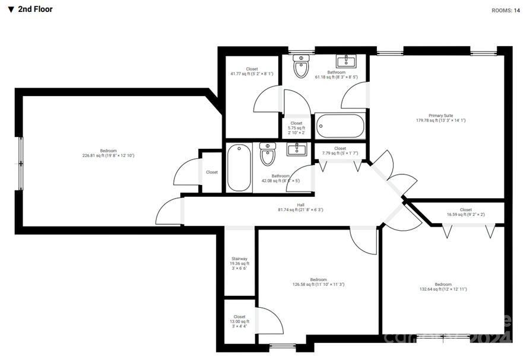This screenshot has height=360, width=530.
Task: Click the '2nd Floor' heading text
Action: [35, 9]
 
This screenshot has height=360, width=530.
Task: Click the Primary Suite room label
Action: [441, 118]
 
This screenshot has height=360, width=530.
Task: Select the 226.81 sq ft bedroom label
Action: [108, 153]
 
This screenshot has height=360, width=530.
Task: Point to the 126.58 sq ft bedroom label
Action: [318, 282]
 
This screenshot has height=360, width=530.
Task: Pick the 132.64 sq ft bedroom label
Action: [443, 286]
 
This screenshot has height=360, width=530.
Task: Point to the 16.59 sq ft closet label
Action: [466, 212]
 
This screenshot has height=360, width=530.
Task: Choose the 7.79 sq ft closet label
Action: [339, 151]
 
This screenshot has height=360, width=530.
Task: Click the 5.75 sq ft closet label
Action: [296, 128]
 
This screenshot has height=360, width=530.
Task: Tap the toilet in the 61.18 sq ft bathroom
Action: [302, 67]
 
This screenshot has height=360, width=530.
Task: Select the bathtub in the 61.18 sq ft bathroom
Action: [339, 126]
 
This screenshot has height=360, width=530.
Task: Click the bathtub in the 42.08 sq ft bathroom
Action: [239, 168]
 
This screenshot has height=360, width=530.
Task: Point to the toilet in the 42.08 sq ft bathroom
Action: [268, 154]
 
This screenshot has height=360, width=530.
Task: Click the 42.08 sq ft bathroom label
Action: [281, 178]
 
